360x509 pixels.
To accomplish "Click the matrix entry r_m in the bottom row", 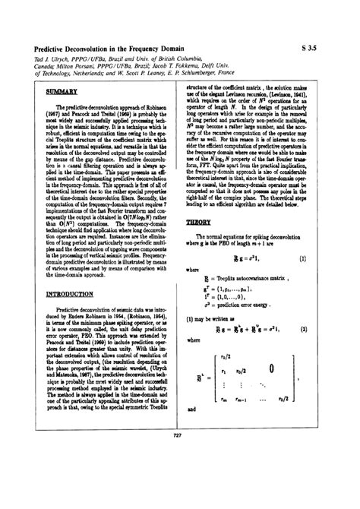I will click(223, 399).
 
